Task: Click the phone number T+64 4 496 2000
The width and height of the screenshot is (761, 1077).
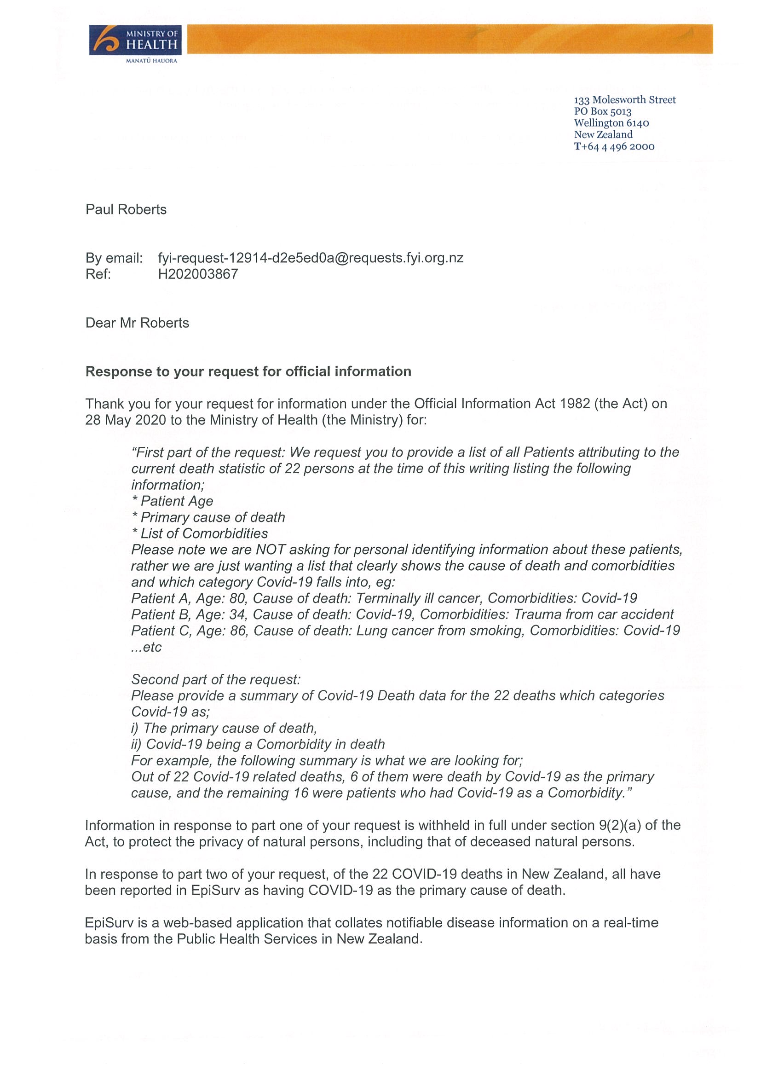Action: coord(614,146)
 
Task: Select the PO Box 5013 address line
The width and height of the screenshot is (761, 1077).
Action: coord(603,112)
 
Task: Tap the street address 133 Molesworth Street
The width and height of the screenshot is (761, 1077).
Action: coord(624,100)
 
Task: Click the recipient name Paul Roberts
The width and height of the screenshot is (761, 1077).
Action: coord(126,209)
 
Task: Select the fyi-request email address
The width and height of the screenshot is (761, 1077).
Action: coord(311,258)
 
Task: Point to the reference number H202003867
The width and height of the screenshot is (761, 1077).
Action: coord(198,274)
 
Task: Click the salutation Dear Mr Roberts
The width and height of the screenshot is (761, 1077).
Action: coord(137,323)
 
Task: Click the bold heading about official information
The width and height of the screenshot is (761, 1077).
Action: coord(248,371)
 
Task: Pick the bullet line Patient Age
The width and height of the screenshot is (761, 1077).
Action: coord(173,501)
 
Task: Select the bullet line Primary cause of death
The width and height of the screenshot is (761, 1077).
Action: coord(208,517)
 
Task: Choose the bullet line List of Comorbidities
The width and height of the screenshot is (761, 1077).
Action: coord(200,533)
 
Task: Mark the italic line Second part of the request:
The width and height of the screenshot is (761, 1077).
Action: coord(216,680)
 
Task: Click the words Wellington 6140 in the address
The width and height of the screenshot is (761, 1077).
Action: coord(611,123)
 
